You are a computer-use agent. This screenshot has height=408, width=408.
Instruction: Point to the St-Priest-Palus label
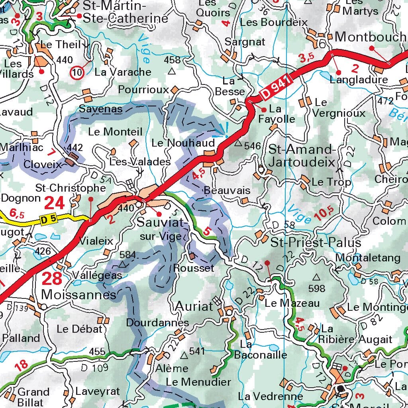point(310,243)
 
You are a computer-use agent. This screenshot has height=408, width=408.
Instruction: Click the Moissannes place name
point(79,295)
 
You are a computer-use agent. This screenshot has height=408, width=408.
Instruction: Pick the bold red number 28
point(52,279)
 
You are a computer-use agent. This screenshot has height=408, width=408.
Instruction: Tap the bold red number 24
point(54,203)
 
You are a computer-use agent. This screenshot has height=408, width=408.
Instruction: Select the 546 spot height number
point(252,146)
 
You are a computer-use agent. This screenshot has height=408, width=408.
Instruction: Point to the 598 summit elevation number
point(317,288)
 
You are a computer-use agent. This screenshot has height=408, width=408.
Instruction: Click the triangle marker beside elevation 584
point(123,264)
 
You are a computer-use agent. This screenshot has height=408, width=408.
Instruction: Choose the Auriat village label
point(194,306)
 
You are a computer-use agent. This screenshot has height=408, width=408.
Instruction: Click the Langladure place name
point(359,79)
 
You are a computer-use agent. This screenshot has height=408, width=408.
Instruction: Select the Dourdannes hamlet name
point(157,322)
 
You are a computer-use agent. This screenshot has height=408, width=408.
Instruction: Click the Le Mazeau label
point(292,303)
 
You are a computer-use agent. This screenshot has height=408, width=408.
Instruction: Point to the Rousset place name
point(194,268)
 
